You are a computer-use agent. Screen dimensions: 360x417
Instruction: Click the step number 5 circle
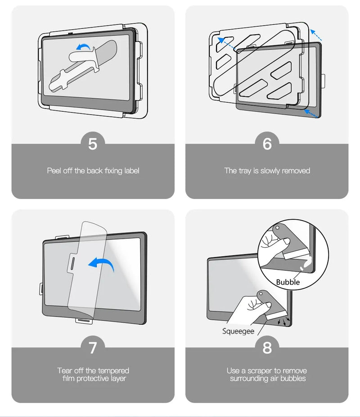point(93,144)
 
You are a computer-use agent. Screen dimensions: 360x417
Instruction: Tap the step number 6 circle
point(267,144)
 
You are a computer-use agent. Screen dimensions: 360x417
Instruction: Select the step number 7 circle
point(93,348)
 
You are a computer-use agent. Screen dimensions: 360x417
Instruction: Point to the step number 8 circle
point(267,348)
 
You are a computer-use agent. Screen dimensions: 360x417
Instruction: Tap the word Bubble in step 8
point(288,282)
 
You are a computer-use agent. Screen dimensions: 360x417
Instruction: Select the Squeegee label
point(238,331)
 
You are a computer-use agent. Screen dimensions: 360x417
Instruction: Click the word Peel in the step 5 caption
point(54,171)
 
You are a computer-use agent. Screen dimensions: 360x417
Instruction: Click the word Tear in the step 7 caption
point(65,371)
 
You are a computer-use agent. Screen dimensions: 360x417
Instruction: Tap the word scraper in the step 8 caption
point(260,371)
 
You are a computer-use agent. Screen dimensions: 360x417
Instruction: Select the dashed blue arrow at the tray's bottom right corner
point(311,113)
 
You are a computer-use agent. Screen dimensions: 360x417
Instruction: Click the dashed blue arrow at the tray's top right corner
point(316,35)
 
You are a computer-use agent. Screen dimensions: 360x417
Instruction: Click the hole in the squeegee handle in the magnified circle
point(277,228)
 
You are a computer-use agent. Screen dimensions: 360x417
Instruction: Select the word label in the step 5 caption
point(132,171)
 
